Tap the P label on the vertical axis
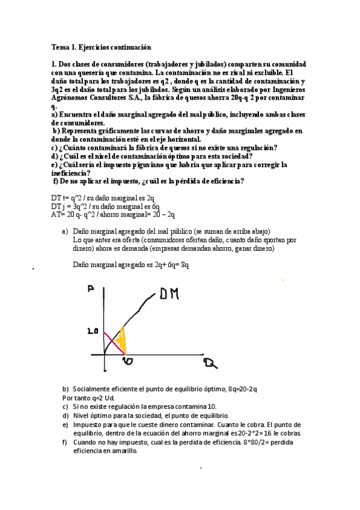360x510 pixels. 92,290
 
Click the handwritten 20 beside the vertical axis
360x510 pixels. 92,331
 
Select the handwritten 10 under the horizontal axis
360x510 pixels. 127,361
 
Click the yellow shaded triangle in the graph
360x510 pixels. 122,342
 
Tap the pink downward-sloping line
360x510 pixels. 112,340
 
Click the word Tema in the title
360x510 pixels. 60,47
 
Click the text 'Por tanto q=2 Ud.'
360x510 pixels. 88,398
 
